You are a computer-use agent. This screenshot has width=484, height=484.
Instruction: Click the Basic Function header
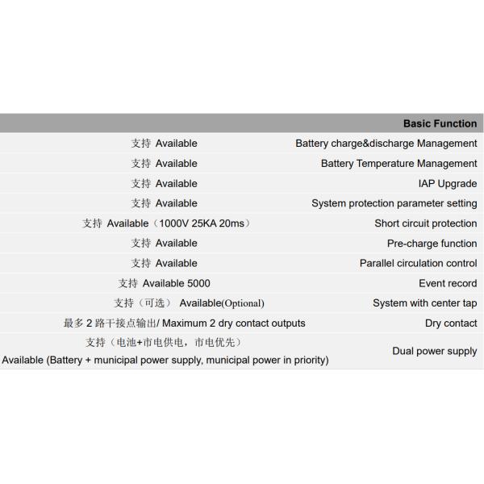coord(440,123)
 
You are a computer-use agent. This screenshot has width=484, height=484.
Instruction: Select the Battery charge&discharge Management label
coord(386,144)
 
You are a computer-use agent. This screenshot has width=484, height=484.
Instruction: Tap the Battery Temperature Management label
coord(398,164)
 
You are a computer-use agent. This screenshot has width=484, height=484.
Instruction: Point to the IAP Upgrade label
coord(448,184)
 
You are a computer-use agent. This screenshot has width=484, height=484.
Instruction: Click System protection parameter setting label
coord(394,203)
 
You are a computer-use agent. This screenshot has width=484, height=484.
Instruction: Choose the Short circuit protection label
coord(425,223)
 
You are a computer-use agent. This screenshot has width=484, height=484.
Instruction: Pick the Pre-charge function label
coord(432,244)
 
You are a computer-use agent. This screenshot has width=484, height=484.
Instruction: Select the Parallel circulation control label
coord(418,263)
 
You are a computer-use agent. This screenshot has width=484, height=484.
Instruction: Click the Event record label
coord(448,283)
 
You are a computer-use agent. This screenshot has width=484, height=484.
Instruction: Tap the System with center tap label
coord(424,303)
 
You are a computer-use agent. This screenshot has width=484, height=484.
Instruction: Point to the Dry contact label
coord(451,323)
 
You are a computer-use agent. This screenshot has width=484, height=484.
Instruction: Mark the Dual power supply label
coord(434,351)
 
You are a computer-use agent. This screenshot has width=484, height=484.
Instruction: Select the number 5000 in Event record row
coord(198,283)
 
